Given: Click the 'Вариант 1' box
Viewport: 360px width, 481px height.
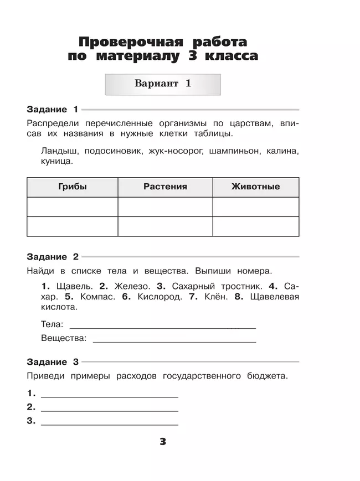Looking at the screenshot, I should [163, 84].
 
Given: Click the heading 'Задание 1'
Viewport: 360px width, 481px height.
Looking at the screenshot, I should [53, 110].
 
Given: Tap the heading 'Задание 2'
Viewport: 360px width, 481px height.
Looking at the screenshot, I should [53, 257].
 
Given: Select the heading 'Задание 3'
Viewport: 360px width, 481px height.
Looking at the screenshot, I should [53, 362].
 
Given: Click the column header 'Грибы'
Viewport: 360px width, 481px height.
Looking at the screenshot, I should [73, 187].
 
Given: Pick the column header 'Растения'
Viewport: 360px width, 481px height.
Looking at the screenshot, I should [165, 187].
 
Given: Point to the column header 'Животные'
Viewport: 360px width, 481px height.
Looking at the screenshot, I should [255, 187].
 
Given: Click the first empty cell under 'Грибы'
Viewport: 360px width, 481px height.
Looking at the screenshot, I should [73, 207].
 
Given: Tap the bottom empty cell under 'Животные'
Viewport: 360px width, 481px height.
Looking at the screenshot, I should [255, 226].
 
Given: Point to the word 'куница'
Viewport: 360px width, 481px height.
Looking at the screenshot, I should [56, 162].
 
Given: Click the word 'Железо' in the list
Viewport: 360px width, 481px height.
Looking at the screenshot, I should [132, 286].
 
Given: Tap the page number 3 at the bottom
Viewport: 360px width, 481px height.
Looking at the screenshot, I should [163, 442].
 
